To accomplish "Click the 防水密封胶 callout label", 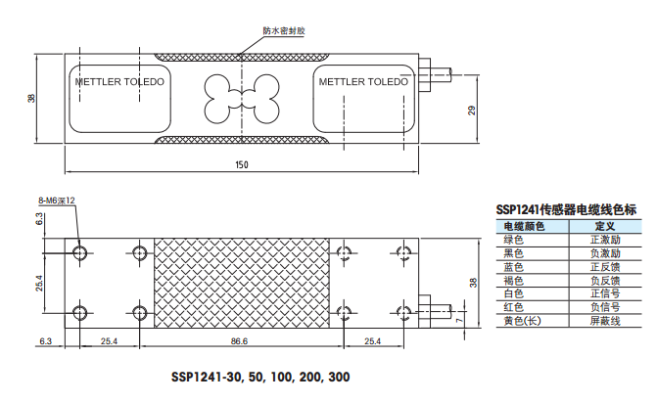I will coord(284,30).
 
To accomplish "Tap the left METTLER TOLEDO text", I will coord(120,82).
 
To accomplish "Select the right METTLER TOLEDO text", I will coord(363,82).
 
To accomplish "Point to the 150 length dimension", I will coord(241,164).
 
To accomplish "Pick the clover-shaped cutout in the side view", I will coord(241,95).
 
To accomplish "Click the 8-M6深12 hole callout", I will coord(57,201).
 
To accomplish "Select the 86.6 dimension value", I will coord(239,341).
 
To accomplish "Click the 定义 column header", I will coord(603,226).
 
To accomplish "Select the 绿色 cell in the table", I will coord(513,240).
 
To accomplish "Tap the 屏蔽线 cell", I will coord(604,322).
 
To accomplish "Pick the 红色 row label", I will coord(513,308).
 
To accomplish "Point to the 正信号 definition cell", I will coord(604,294).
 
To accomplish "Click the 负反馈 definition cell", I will coord(604,281).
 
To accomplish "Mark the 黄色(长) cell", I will coord(521,322).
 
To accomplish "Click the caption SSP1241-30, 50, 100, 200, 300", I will coord(259,377).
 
